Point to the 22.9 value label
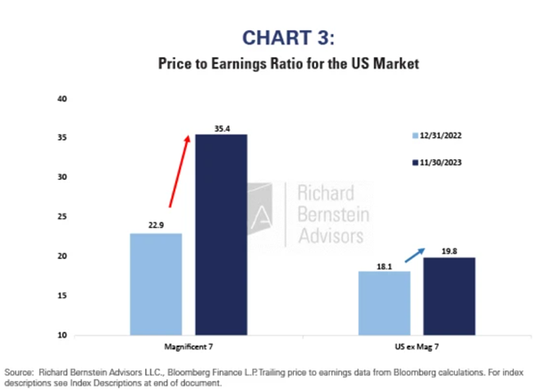157,226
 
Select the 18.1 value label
385,264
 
